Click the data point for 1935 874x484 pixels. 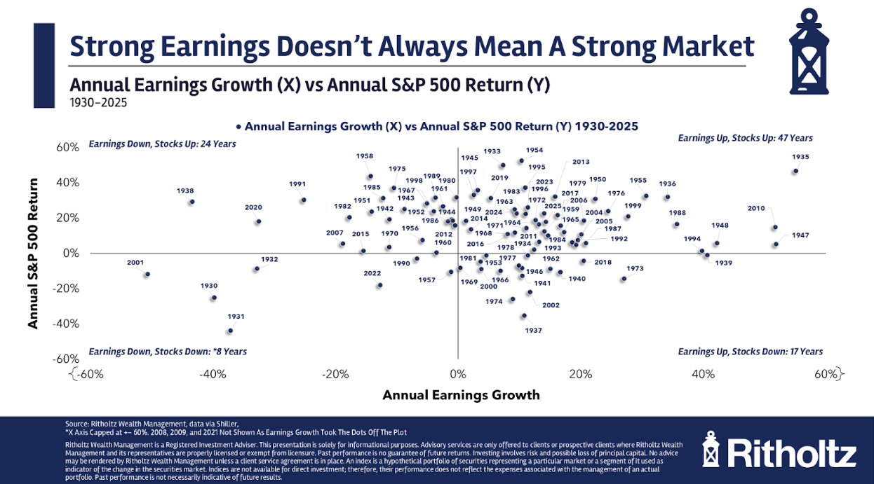[x=795, y=171]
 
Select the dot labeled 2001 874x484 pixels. [x=147, y=274]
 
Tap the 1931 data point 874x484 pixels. [x=229, y=331]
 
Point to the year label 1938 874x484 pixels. [x=185, y=191]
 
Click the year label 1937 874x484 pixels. [x=533, y=330]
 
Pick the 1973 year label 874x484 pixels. [x=635, y=268]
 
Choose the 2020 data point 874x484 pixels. [x=258, y=221]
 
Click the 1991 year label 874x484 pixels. [x=297, y=184]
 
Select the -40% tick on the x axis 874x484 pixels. [x=213, y=375]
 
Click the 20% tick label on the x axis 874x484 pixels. [x=580, y=375]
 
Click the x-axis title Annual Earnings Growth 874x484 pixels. [x=461, y=395]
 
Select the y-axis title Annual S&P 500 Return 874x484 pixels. [x=32, y=252]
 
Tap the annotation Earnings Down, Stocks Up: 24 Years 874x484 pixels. [x=162, y=144]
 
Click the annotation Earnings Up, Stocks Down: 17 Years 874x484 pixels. [x=750, y=352]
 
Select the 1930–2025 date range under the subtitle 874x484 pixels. [x=98, y=102]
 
